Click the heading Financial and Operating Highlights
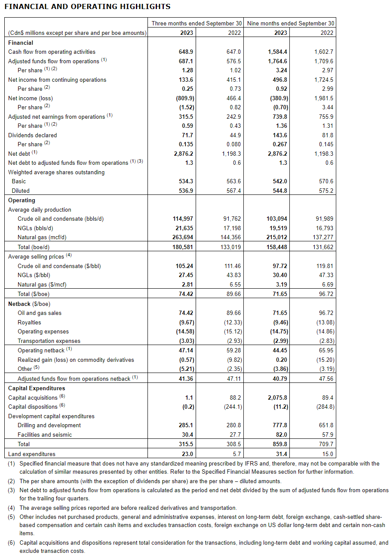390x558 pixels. [x=87, y=6]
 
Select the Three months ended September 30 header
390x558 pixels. [x=197, y=23]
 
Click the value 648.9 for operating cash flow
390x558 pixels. [x=186, y=52]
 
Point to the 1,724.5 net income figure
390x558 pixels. [x=324, y=80]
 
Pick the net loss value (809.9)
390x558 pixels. [x=186, y=98]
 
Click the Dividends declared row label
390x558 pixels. [x=33, y=135]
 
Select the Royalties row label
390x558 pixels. [x=29, y=322]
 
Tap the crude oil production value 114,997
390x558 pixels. [x=183, y=219]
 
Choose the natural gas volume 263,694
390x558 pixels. [x=183, y=237]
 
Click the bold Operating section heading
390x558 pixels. [x=21, y=200]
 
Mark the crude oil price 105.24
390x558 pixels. [x=184, y=266]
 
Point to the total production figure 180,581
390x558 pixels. [x=183, y=247]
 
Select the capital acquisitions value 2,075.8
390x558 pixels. [x=277, y=398]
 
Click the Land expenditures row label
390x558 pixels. [x=32, y=454]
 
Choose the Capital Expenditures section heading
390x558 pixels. [x=37, y=388]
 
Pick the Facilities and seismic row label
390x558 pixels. [x=45, y=435]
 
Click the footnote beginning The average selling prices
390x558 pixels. [x=128, y=508]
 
